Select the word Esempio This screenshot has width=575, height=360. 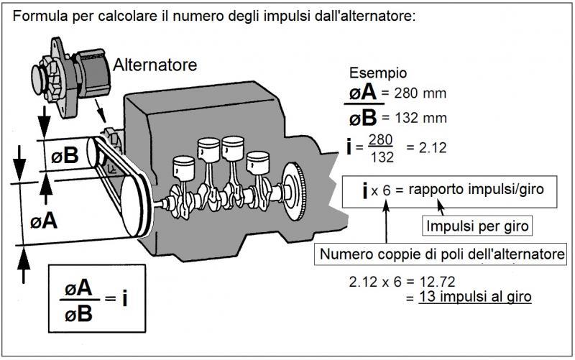tap(378, 73)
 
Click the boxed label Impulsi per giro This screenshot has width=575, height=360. tap(478, 227)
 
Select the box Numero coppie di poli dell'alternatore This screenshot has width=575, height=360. tap(442, 254)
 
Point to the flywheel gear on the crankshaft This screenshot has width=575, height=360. tap(295, 190)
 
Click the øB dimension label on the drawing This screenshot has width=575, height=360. tap(67, 154)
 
